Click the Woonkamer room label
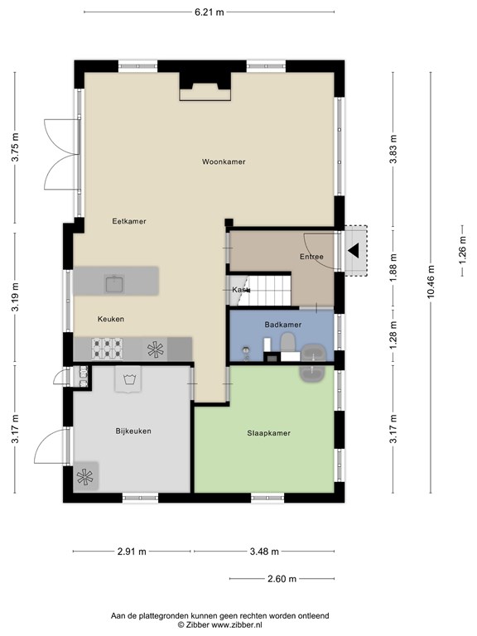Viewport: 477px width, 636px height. click(x=224, y=161)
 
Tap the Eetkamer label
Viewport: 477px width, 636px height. click(x=129, y=221)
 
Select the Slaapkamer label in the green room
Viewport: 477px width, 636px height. click(x=268, y=433)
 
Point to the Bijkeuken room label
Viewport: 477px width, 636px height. click(x=133, y=431)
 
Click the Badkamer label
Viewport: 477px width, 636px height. click(x=282, y=325)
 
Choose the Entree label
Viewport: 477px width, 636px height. click(x=311, y=257)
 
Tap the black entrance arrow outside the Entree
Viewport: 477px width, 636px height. click(x=354, y=250)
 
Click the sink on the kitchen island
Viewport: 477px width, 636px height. click(x=115, y=283)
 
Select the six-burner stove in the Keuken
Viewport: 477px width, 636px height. click(x=107, y=349)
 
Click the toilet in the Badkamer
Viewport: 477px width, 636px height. click(x=288, y=343)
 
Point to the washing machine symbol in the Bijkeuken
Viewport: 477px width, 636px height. click(x=128, y=379)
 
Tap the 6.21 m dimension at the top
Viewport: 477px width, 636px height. click(x=210, y=12)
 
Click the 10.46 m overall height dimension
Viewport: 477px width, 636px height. click(x=431, y=282)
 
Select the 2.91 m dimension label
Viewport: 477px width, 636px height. click(x=132, y=552)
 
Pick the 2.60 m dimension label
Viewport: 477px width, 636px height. click(x=282, y=579)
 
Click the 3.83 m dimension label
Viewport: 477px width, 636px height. click(x=393, y=149)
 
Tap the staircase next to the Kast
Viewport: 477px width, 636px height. click(x=266, y=291)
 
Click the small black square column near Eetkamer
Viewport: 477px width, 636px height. click(x=229, y=222)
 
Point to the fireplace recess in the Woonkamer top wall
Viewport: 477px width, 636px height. click(x=205, y=86)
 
